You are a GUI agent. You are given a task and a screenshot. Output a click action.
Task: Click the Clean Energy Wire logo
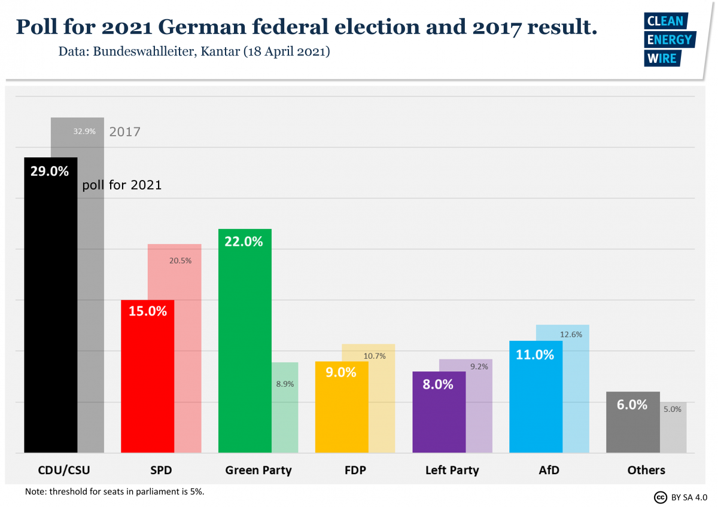click(x=668, y=39)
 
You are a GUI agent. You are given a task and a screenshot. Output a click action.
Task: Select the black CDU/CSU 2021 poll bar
click(x=50, y=311)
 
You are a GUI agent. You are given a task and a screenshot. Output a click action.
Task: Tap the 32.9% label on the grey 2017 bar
click(x=84, y=132)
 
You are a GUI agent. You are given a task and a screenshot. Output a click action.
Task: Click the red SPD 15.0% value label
click(x=147, y=311)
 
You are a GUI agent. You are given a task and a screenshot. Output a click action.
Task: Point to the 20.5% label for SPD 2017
click(x=180, y=261)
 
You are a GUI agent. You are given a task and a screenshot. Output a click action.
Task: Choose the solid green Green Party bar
click(x=245, y=347)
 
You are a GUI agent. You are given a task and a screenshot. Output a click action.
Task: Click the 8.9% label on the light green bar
click(x=285, y=384)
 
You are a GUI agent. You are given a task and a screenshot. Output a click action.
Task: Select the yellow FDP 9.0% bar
click(x=342, y=413)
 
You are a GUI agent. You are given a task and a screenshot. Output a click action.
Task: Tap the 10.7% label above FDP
click(x=375, y=356)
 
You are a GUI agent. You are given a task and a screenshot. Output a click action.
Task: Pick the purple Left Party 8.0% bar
click(x=439, y=419)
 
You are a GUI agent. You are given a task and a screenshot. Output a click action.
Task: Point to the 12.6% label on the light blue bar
click(x=571, y=335)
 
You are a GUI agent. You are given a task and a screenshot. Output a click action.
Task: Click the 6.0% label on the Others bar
click(x=632, y=405)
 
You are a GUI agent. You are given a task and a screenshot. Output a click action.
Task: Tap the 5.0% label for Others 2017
click(x=672, y=410)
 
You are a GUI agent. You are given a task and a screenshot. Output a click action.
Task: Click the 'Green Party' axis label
click(x=258, y=470)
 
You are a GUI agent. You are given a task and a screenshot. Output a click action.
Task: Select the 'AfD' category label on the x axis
click(x=549, y=470)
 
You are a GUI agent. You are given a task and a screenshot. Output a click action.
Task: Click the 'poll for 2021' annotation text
click(x=122, y=185)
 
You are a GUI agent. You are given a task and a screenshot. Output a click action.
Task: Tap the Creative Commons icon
click(x=661, y=497)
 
